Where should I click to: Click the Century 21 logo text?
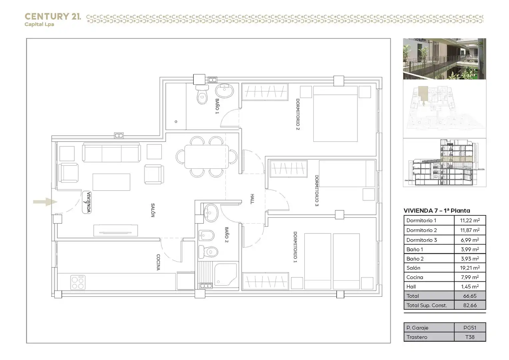coord(52,17)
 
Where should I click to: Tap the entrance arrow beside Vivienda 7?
coord(45,202)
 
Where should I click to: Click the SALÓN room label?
coord(153,210)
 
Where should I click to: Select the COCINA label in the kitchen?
coord(158,262)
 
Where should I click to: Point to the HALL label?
coord(252,199)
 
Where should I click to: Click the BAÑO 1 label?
coord(217,106)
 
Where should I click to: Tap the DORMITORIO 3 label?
coord(317,190)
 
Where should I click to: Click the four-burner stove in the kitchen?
coord(78,283)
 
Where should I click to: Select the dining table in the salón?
coord(207,157)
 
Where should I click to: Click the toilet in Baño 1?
coord(202,95)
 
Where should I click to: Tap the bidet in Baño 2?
coord(206,235)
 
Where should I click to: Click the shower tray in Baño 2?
coord(226,275)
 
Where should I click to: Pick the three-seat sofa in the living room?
coord(111,152)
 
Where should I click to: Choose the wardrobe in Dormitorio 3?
coord(289,169)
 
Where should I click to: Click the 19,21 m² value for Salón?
coord(470,268)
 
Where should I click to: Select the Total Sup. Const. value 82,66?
coord(470,305)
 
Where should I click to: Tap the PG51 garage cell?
coord(470,328)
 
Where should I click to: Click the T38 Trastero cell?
coord(470,337)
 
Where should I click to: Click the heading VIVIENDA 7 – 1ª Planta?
coord(437,211)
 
